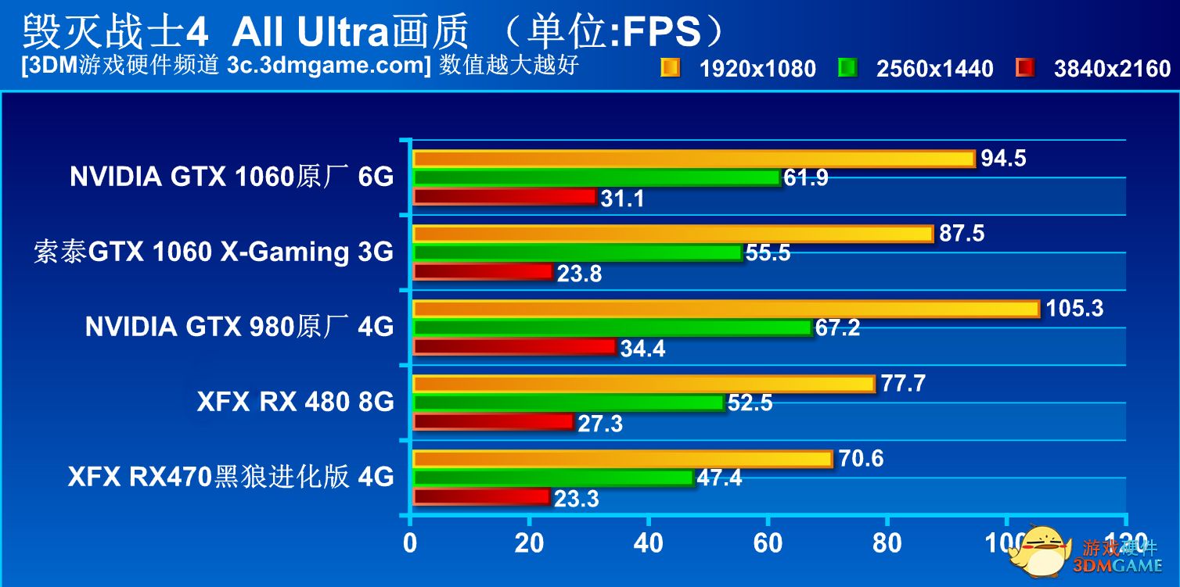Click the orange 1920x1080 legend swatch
click(670, 68)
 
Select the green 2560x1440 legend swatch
click(847, 68)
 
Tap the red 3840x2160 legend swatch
click(1024, 68)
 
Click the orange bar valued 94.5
click(693, 159)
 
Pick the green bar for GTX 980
click(612, 328)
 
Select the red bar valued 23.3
click(481, 496)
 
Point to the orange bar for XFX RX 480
click(643, 383)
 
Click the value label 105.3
click(1074, 309)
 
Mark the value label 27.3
click(600, 424)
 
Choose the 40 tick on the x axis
click(649, 542)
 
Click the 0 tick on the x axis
click(410, 542)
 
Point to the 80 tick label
click(887, 542)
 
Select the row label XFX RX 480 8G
click(295, 402)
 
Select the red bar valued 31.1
click(505, 196)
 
